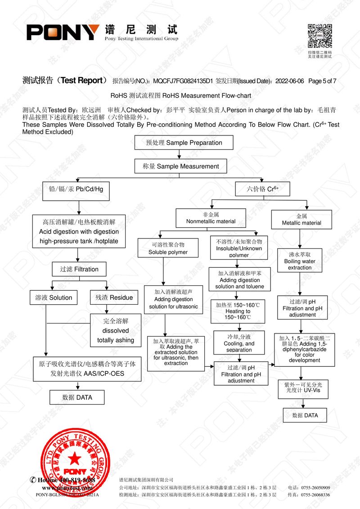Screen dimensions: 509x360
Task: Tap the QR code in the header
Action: pyautogui.click(x=319, y=36)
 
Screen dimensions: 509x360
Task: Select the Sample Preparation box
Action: pyautogui.click(x=184, y=143)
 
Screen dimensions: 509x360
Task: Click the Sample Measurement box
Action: pyautogui.click(x=181, y=166)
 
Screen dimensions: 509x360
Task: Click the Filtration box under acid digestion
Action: pyautogui.click(x=79, y=269)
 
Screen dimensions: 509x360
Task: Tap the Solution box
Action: pyautogui.click(x=54, y=297)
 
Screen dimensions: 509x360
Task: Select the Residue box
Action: pyautogui.click(x=114, y=297)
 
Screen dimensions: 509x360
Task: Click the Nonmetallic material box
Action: pyautogui.click(x=211, y=218)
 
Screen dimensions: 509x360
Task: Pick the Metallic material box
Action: pyautogui.click(x=301, y=220)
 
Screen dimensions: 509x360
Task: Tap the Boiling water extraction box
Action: pyautogui.click(x=300, y=261)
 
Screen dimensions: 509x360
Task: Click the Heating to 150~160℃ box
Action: pyautogui.click(x=238, y=311)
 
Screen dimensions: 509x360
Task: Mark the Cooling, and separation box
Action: pyautogui.click(x=239, y=343)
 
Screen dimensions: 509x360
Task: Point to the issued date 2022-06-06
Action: pyautogui.click(x=290, y=81)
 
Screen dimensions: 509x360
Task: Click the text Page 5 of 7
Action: pyautogui.click(x=323, y=81)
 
